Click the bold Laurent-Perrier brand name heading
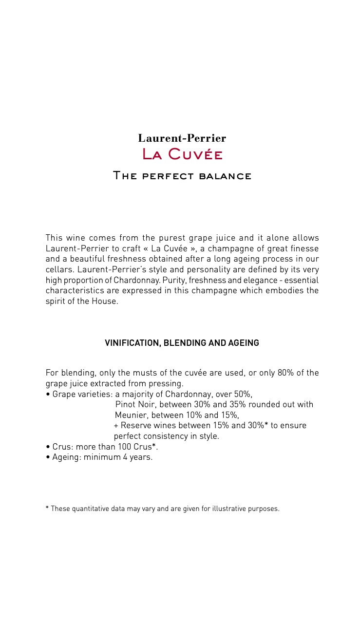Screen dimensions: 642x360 (182, 138)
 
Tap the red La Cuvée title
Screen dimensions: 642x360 (182, 155)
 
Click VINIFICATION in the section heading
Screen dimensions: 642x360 (132, 343)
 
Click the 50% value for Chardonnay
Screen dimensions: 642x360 (243, 394)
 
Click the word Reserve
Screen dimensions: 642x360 (135, 426)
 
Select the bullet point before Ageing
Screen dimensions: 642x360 (48, 457)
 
